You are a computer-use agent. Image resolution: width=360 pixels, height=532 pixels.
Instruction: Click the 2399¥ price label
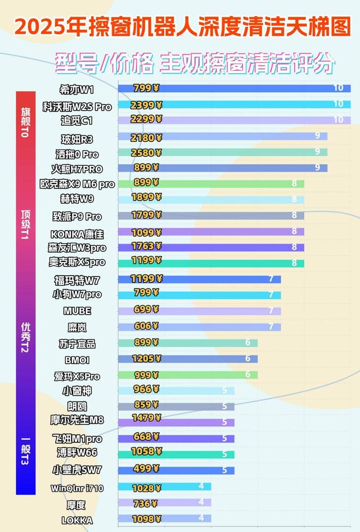[146, 105]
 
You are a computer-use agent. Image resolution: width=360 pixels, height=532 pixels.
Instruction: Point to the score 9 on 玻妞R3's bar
[318, 136]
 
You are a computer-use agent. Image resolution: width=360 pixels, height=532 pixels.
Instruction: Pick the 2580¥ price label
[146, 152]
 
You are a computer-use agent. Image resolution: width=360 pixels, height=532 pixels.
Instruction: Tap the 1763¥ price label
[146, 246]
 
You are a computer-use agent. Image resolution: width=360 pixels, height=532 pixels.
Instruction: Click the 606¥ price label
[146, 326]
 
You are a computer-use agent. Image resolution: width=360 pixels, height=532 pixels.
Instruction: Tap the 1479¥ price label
[146, 417]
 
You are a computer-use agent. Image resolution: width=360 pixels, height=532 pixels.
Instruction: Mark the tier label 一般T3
[24, 450]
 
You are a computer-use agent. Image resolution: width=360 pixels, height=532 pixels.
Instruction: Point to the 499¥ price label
[146, 469]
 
